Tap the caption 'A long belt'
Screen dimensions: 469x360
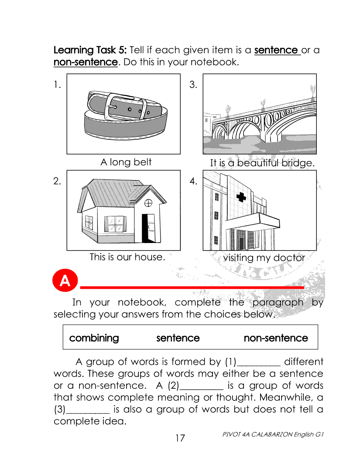click(x=126, y=162)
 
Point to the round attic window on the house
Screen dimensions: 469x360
click(x=148, y=203)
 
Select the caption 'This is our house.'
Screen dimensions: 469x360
click(x=127, y=257)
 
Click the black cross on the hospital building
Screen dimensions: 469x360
click(x=241, y=198)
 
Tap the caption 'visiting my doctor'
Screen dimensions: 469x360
click(x=264, y=258)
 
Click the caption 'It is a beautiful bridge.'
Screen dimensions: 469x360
click(x=262, y=163)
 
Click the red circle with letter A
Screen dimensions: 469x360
click(x=65, y=281)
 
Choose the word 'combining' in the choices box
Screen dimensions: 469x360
click(x=94, y=338)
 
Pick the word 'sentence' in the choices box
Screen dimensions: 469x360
click(x=178, y=338)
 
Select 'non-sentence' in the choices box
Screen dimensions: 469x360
click(x=275, y=338)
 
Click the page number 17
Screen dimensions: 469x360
click(x=180, y=438)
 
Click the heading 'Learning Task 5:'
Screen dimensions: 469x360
click(x=90, y=50)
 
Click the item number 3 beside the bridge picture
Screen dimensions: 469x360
click(x=193, y=85)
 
